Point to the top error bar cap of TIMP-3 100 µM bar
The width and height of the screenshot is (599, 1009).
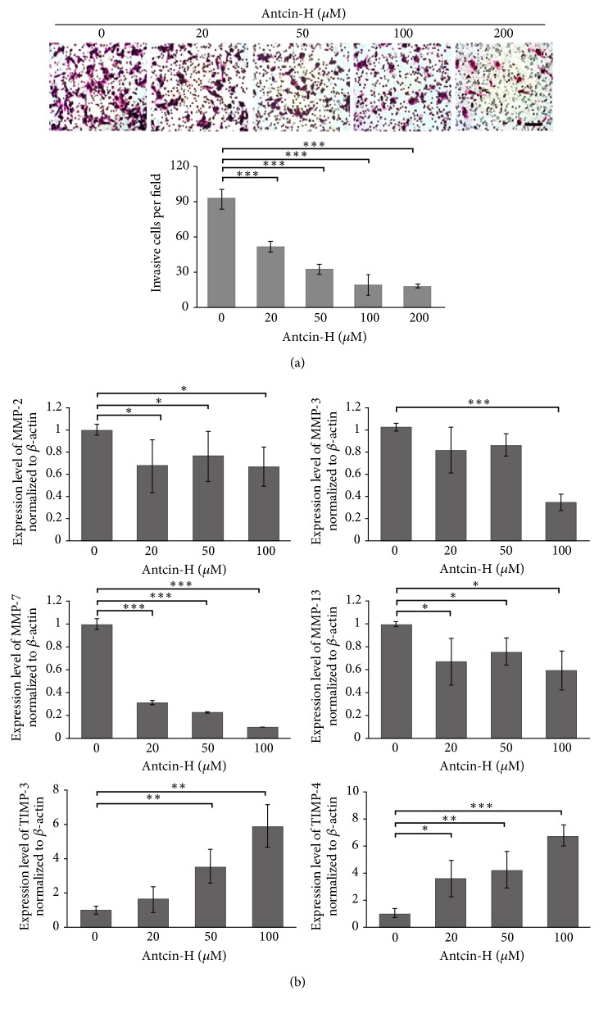[x=266, y=805]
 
